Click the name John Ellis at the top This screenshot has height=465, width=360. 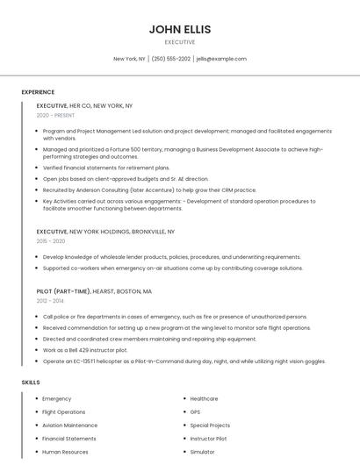point(179,29)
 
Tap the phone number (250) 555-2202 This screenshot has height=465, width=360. point(170,59)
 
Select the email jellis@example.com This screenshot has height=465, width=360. point(221,59)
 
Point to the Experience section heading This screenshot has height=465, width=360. point(38,92)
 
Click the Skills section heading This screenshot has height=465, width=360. point(31,383)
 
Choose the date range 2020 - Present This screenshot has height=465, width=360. point(55,115)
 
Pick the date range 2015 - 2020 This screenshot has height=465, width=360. point(51,241)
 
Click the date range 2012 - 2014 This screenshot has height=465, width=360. point(51,301)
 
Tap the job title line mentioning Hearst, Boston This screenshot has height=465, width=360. point(94,291)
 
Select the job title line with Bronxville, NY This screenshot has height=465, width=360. point(105,232)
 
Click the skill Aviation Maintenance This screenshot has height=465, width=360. point(69,426)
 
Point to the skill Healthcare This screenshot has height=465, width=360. point(204,399)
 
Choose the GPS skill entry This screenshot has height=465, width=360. point(195,412)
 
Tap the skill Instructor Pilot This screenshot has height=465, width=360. point(208,439)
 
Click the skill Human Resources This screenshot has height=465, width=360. point(65,452)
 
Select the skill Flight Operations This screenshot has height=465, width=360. point(64,412)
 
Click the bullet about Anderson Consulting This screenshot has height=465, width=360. point(149,190)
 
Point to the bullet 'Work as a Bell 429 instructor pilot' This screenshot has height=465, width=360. point(85,350)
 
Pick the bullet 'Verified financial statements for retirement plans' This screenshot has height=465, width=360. point(106,167)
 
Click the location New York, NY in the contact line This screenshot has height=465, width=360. point(129,59)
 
